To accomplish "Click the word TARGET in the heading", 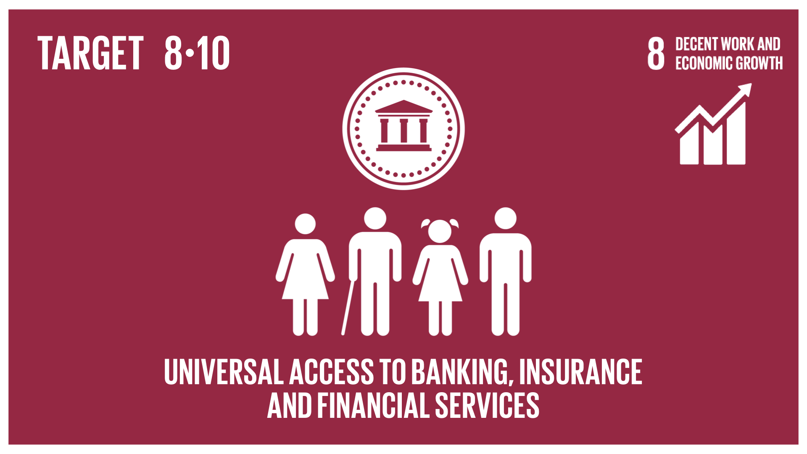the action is pos(90,53).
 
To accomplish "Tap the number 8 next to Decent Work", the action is pos(656,53).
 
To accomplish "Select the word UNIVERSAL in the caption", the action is pos(224,372).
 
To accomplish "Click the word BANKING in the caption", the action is pos(462,372).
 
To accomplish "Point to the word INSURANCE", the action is pos(581,372).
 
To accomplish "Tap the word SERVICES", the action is pos(487,405).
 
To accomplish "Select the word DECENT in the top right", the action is pos(696,44).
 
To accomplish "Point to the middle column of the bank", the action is pos(404,131).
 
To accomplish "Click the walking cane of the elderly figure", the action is pos(348,307).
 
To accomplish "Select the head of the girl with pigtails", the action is pos(440,231).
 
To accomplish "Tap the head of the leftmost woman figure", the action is pos(305,224).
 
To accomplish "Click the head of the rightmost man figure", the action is pos(505,218).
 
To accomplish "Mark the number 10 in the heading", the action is pos(213,53).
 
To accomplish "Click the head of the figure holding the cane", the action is pos(375,218).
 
